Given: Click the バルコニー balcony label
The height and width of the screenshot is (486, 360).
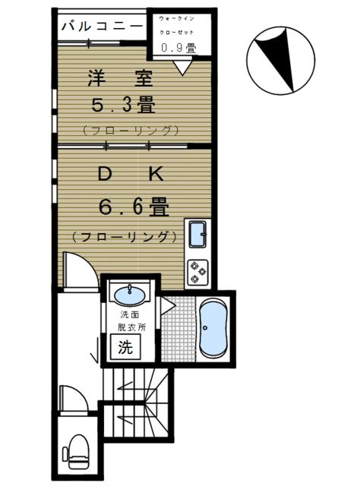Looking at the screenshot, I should [100, 26].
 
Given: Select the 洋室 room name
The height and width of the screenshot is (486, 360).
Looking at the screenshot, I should [122, 78].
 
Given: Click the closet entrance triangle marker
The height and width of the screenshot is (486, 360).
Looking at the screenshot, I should [181, 69].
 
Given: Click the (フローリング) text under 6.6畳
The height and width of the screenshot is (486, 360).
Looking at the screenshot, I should [125, 236].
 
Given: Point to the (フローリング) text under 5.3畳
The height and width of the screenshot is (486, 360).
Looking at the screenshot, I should [131, 129].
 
